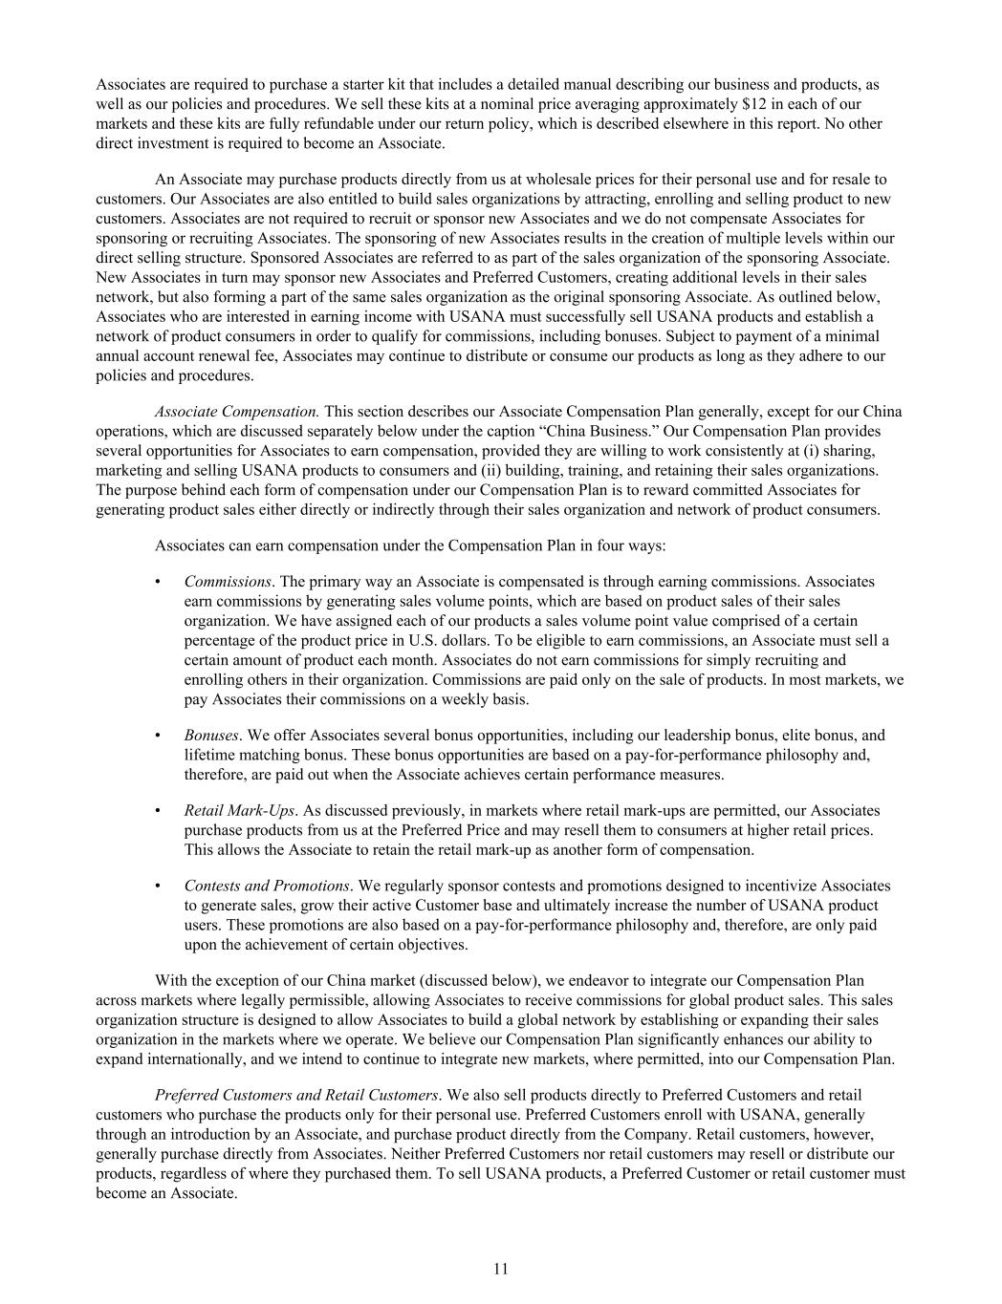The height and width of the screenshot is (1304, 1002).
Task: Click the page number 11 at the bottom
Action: click(501, 1269)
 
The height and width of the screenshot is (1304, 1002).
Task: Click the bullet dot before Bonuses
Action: click(158, 736)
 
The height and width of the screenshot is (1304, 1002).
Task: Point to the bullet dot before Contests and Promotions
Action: click(158, 886)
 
